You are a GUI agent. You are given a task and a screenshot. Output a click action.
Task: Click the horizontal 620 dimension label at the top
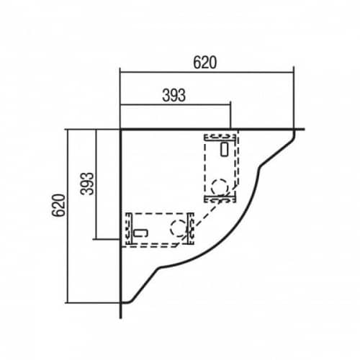[205, 63]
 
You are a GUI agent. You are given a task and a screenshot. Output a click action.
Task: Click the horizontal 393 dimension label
[174, 95]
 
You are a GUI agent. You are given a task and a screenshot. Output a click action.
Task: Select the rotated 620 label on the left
[59, 205]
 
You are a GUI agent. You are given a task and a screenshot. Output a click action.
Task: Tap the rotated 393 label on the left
[87, 184]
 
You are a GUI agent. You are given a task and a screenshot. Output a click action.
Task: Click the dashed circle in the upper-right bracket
[219, 186]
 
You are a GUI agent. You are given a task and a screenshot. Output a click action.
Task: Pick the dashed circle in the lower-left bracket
[179, 228]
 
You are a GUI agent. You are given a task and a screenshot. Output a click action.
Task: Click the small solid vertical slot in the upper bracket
[225, 149]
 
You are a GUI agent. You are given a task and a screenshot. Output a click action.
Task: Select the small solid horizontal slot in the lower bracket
[140, 233]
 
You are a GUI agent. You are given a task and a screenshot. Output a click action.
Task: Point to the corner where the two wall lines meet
[121, 130]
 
